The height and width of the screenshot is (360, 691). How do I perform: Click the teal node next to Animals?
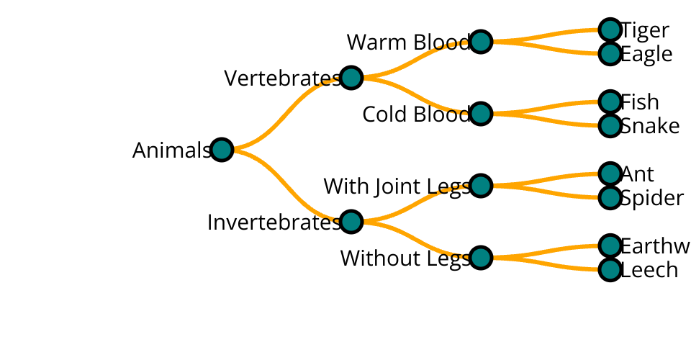(x=222, y=150)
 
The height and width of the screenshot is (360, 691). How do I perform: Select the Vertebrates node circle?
(x=351, y=78)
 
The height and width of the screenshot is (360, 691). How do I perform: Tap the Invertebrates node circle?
(x=351, y=222)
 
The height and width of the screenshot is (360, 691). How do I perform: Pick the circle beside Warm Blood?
(x=481, y=42)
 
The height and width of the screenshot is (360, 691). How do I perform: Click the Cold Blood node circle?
(x=481, y=114)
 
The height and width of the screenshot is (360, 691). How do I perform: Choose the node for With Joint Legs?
(x=481, y=186)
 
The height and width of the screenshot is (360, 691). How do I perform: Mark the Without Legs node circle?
(x=481, y=258)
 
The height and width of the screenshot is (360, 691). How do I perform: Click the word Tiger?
(x=645, y=30)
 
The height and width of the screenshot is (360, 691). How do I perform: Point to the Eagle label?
(x=646, y=54)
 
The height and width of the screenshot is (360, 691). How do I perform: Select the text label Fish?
(x=640, y=102)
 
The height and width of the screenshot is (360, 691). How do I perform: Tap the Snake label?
(x=650, y=126)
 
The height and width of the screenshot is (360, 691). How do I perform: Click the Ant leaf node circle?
(x=610, y=174)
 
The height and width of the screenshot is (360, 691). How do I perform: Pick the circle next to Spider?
(x=610, y=198)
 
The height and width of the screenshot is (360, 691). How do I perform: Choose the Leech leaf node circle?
(x=610, y=270)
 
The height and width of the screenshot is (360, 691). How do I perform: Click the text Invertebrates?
(x=274, y=222)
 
